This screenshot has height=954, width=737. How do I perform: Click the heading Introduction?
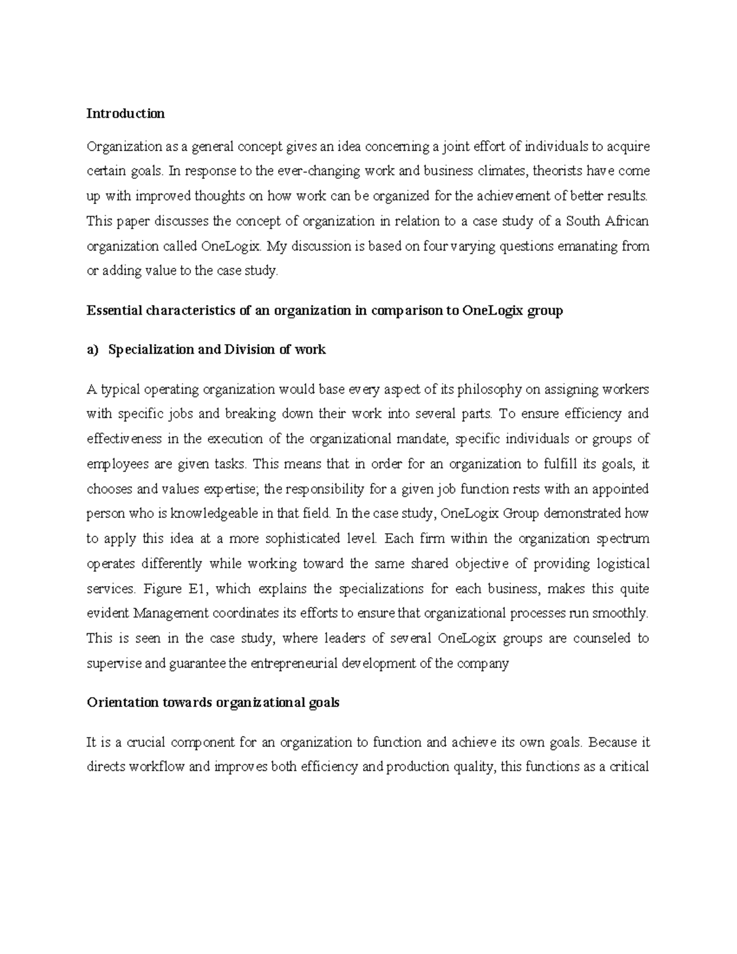125,114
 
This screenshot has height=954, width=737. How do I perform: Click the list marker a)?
92,350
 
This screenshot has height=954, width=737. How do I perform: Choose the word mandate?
416,439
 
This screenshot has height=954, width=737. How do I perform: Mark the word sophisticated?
299,539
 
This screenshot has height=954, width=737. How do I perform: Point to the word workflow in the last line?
156,767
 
